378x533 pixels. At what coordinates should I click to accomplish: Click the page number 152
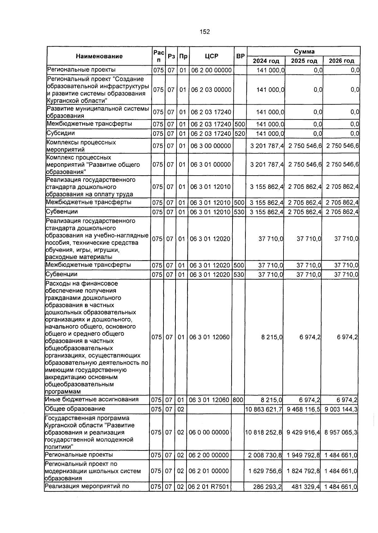tap(204, 32)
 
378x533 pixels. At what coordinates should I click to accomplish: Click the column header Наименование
tap(99, 56)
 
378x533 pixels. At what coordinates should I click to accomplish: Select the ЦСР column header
tap(211, 56)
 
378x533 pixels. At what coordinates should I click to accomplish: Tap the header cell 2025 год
tap(304, 61)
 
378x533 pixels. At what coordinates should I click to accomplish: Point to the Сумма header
tap(304, 51)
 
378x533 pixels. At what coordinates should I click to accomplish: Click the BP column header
tap(240, 56)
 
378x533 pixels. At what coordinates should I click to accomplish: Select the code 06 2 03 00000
tap(211, 90)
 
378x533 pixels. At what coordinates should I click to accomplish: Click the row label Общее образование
tap(75, 409)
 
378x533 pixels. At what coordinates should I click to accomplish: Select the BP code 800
tap(238, 400)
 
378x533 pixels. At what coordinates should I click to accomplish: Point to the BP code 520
tap(240, 134)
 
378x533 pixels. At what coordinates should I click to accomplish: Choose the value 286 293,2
tap(267, 487)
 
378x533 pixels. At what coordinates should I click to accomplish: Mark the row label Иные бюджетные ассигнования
tap(92, 400)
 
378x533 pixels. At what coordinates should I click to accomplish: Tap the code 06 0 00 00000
tap(209, 432)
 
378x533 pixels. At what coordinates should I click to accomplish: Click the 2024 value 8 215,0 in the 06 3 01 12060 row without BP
tap(272, 337)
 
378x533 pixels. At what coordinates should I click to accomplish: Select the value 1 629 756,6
tap(265, 471)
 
